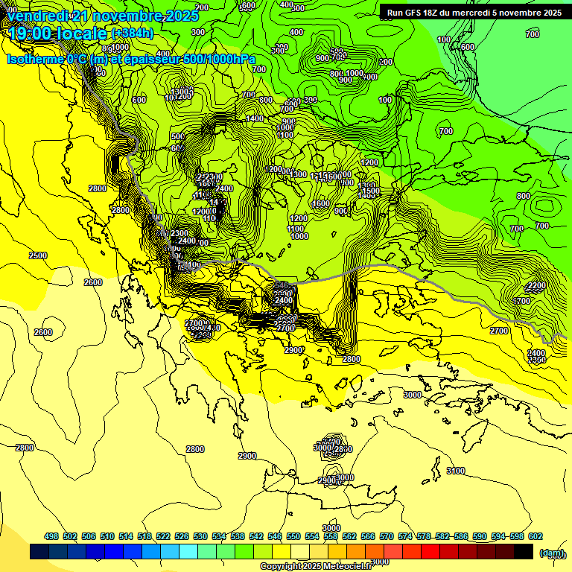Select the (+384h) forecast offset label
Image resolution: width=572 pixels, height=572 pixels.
[132, 34]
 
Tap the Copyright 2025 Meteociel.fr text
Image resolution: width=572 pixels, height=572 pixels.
[315, 566]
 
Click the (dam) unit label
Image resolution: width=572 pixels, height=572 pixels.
[550, 552]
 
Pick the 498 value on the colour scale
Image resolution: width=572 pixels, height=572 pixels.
[51, 536]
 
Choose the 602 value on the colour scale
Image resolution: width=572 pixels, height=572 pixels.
[535, 536]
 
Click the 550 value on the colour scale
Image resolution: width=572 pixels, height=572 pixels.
[293, 536]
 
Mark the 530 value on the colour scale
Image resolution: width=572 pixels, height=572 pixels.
[200, 536]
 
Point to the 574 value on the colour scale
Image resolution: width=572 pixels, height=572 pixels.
[405, 536]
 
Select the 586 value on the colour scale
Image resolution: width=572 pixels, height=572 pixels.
[461, 536]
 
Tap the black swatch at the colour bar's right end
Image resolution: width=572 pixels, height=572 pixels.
[524, 552]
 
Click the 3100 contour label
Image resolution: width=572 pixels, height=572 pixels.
[456, 471]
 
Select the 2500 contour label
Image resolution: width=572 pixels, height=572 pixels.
[38, 255]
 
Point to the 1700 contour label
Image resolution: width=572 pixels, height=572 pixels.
[522, 301]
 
